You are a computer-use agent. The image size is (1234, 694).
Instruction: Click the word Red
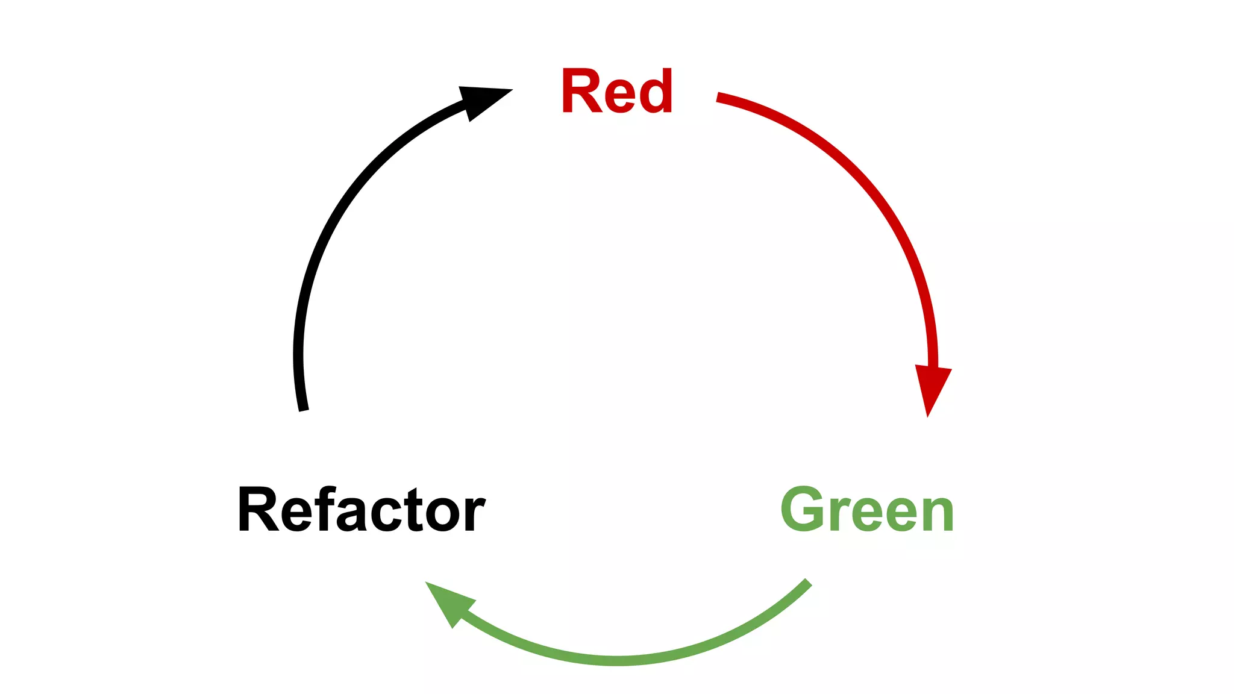(x=616, y=91)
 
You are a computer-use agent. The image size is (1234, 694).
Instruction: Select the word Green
(x=867, y=510)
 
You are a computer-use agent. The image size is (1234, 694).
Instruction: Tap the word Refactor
(x=362, y=510)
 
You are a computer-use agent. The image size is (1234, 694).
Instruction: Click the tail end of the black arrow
(x=304, y=408)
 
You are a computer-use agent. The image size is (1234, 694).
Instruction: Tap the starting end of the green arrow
(x=807, y=583)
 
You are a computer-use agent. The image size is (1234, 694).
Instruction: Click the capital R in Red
(x=581, y=91)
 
